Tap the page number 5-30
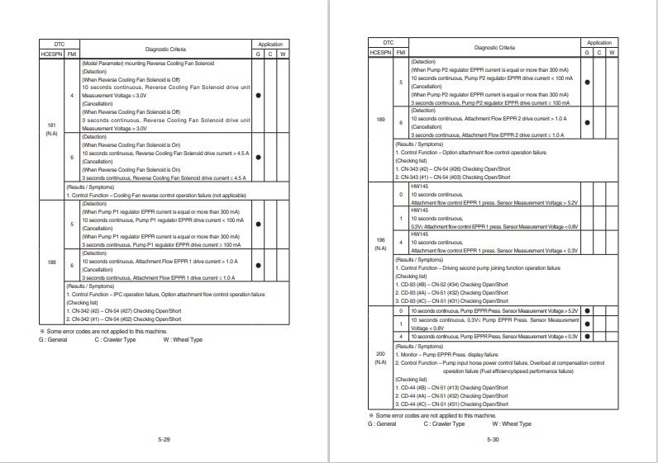(493, 438)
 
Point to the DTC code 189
(380, 120)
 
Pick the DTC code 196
(380, 243)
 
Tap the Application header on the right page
(599, 42)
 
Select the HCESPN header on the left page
(51, 53)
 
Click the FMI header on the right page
(401, 52)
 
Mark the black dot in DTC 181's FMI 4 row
(259, 96)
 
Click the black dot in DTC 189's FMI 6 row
(588, 121)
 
